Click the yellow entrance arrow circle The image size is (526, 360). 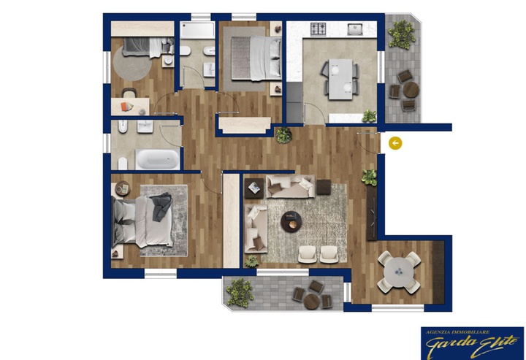395,143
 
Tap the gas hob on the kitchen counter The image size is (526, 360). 318,28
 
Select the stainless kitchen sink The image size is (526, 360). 354,28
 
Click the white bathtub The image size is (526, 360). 157,159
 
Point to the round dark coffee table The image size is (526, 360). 291,221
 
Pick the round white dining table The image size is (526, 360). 399,271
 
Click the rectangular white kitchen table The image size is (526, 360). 340,79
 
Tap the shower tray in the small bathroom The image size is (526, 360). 197,30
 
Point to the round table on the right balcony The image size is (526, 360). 411,90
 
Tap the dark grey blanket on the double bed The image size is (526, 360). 161,206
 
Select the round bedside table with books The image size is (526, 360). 123,188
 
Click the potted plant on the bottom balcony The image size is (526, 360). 240,292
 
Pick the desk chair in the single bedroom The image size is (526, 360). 129,93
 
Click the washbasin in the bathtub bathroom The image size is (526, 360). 145,126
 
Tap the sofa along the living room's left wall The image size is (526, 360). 256,229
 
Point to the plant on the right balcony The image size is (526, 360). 402,34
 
